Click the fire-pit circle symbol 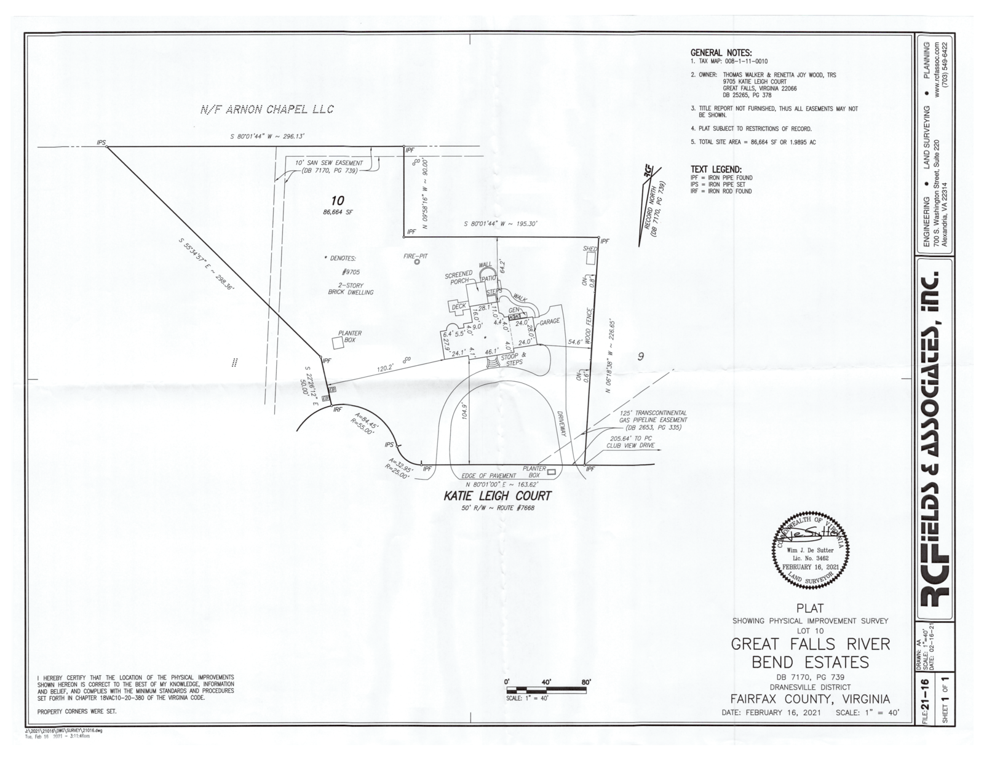pyautogui.click(x=416, y=262)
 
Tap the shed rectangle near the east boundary pyautogui.click(x=591, y=259)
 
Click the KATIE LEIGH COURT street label pyautogui.click(x=498, y=496)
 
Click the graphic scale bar pyautogui.click(x=545, y=689)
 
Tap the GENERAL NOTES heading pyautogui.click(x=721, y=53)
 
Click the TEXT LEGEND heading pyautogui.click(x=716, y=169)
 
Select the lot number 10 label pyautogui.click(x=337, y=200)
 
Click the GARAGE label pyautogui.click(x=549, y=322)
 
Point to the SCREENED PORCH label pyautogui.click(x=459, y=278)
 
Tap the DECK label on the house pyautogui.click(x=459, y=306)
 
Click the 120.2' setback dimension pyautogui.click(x=385, y=368)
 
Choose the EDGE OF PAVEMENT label pyautogui.click(x=488, y=475)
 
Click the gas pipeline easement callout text pyautogui.click(x=653, y=420)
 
